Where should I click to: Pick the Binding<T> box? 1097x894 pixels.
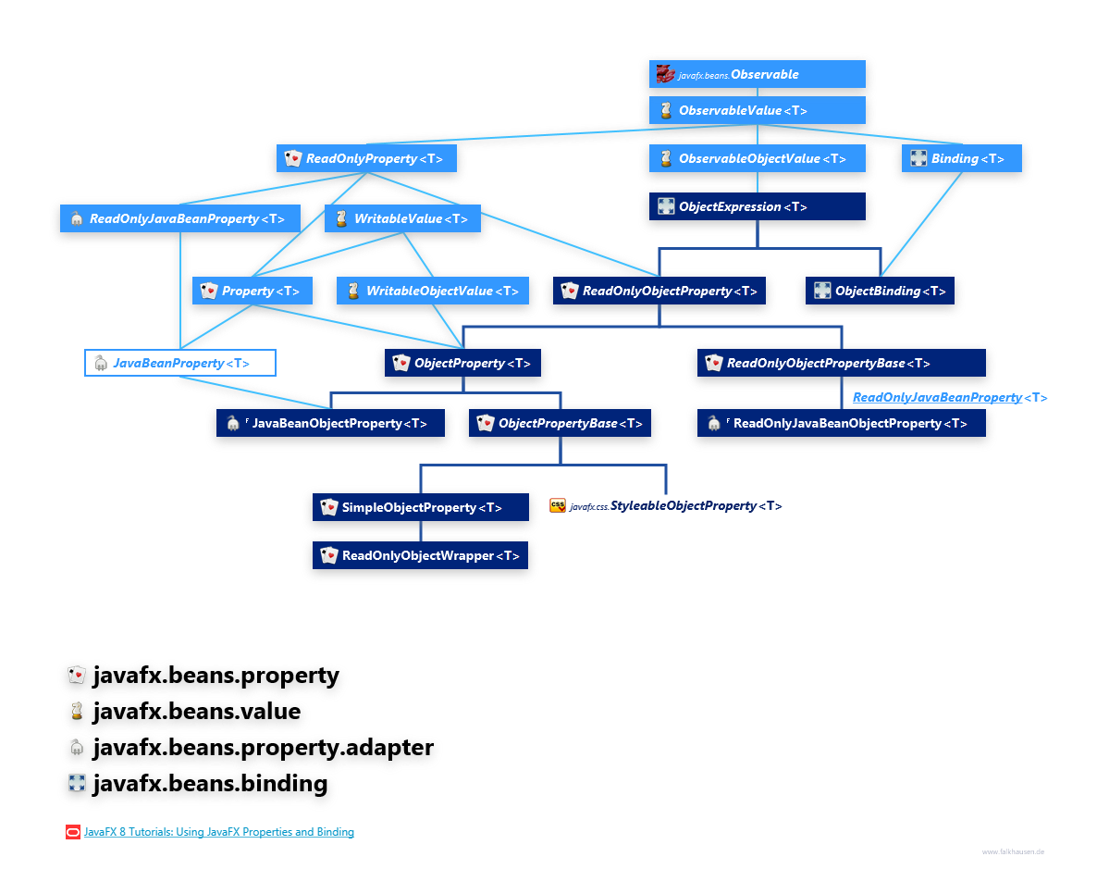click(963, 158)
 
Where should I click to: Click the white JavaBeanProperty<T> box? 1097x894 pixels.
click(180, 363)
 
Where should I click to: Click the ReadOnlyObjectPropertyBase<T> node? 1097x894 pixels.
click(841, 363)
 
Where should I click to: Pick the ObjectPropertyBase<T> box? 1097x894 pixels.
click(560, 423)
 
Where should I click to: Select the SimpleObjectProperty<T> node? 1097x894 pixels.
click(421, 507)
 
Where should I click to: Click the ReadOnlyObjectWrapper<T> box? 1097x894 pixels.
click(421, 555)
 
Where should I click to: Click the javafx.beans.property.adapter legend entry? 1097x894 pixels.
click(263, 748)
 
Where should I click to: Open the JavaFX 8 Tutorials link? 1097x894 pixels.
click(218, 832)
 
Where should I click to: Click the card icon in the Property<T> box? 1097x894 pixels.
click(209, 291)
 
